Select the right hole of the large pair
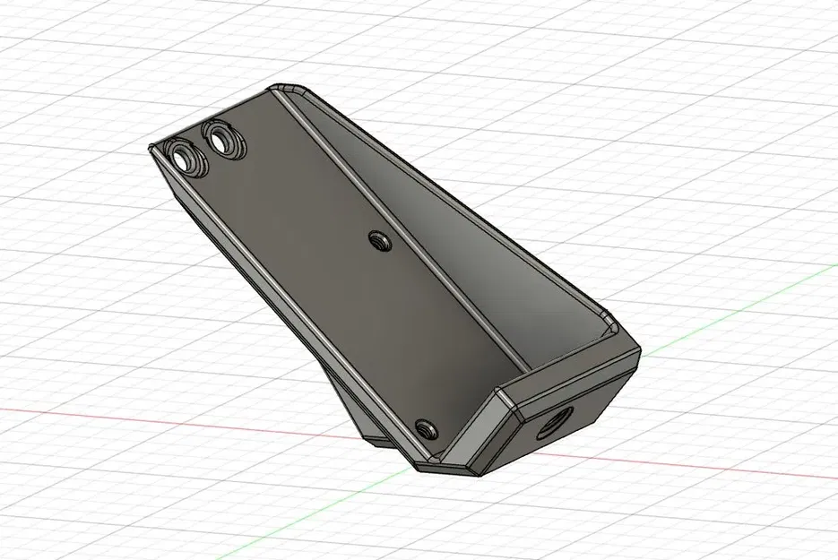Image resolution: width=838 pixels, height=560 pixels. [220, 139]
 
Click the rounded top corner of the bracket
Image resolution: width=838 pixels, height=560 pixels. [292, 86]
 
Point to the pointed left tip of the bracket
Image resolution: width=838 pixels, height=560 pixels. [151, 148]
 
